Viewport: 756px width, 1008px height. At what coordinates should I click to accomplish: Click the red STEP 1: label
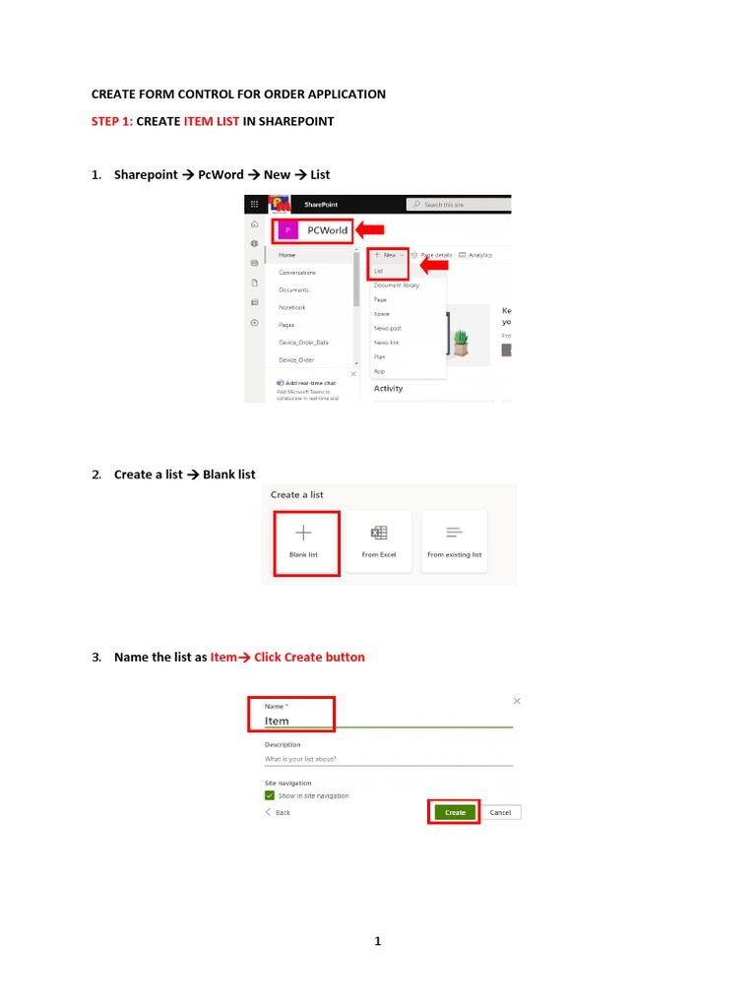coord(112,122)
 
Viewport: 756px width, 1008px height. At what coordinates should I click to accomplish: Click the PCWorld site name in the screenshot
coord(328,230)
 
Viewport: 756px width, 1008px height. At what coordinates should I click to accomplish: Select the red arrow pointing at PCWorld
coord(370,230)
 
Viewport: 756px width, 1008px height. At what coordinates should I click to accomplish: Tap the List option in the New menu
coord(379,270)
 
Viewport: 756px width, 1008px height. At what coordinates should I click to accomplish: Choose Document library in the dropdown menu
coord(396,285)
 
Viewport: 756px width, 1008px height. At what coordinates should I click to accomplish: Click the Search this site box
coord(458,205)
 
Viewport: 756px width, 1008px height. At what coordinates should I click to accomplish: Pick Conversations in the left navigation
coord(297,273)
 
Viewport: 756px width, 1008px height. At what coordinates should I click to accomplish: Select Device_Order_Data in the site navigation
coord(303,343)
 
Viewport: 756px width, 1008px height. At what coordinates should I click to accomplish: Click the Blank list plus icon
coord(303,533)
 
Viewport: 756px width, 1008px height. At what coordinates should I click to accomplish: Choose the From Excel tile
coord(379,540)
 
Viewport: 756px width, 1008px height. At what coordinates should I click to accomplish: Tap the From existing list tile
coord(454,540)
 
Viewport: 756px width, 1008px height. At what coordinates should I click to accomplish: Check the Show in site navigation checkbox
coord(270,795)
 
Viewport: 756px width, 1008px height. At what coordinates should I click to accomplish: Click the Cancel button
coord(500,812)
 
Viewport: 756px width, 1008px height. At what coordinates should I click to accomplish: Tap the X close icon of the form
coord(517,701)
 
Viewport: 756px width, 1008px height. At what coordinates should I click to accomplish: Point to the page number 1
coord(377,942)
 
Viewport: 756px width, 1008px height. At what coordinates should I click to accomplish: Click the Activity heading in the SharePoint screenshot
coord(388,388)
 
